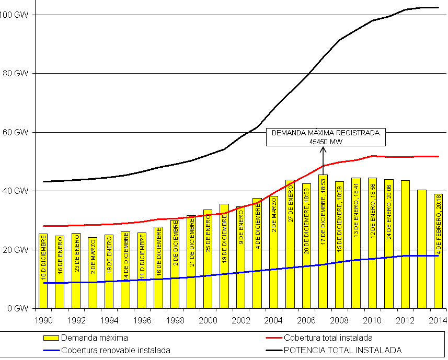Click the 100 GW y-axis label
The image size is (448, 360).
click(14, 15)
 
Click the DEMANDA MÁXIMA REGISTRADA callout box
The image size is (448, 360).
click(325, 137)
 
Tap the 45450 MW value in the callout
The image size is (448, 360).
click(325, 141)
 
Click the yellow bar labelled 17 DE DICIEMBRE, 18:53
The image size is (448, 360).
click(323, 246)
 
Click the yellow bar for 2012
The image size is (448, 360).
click(406, 246)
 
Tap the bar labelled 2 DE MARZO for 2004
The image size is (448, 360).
click(273, 256)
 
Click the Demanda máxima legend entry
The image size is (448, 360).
click(94, 338)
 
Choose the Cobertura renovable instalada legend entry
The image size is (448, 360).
click(116, 350)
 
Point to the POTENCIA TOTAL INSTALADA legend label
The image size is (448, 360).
click(342, 350)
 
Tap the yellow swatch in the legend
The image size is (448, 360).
click(51, 338)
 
